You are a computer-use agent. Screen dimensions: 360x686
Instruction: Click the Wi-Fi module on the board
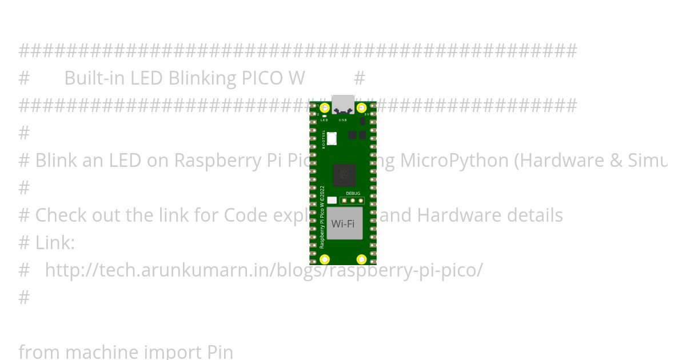[344, 223]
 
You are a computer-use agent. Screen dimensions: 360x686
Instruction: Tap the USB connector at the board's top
[343, 105]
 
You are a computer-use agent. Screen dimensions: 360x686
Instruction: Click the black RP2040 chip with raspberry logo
[344, 175]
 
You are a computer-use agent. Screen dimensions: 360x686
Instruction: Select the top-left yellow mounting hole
[325, 108]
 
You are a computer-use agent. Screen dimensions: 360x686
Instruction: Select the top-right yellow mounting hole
[361, 108]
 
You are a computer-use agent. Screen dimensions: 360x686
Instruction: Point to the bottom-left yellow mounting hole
[325, 259]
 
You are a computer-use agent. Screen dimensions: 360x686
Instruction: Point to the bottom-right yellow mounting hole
[361, 259]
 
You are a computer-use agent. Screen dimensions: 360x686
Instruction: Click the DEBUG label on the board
[353, 194]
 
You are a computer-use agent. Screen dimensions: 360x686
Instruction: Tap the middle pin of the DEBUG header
[353, 201]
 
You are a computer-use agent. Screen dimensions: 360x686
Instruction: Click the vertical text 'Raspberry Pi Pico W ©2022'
[322, 217]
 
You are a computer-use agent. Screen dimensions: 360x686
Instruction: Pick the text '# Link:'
[47, 243]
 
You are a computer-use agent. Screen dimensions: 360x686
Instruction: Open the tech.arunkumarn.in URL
[263, 270]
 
